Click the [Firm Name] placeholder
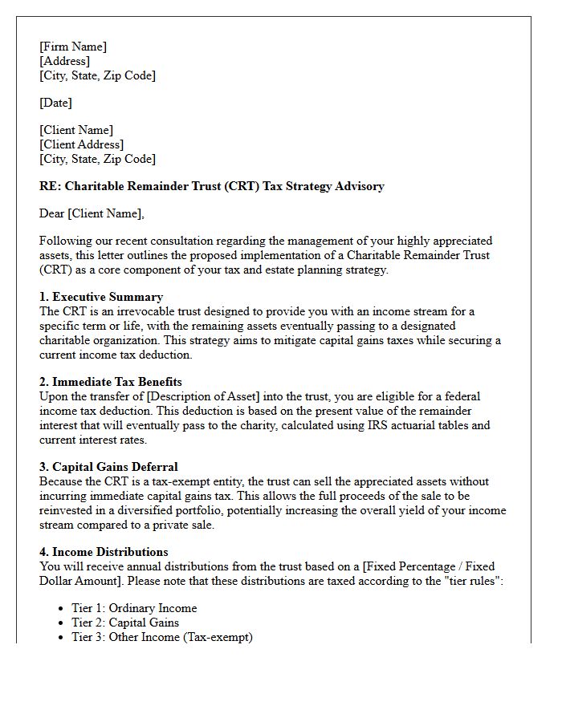pyautogui.click(x=73, y=47)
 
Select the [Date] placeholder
pyautogui.click(x=55, y=103)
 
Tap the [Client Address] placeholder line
pyautogui.click(x=81, y=144)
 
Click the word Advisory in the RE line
pyautogui.click(x=359, y=186)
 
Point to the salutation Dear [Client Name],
pyautogui.click(x=92, y=213)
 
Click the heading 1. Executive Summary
pyautogui.click(x=101, y=297)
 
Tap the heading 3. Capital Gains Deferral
pyautogui.click(x=108, y=467)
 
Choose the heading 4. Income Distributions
pyautogui.click(x=104, y=552)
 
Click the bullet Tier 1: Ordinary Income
pyautogui.click(x=134, y=608)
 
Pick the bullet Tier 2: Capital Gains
pyautogui.click(x=125, y=623)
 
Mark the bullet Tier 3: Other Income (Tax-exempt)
pyautogui.click(x=162, y=637)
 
